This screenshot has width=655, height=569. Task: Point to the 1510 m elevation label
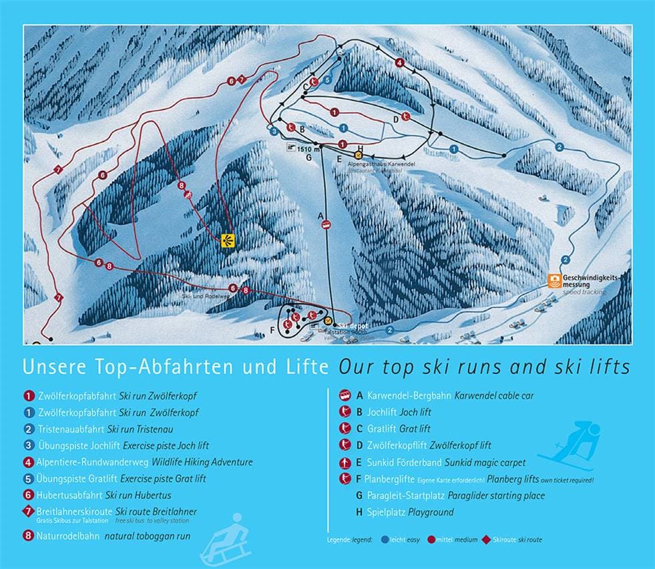tap(305, 149)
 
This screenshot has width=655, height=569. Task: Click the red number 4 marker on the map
tap(399, 63)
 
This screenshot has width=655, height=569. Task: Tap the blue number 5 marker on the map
tap(327, 79)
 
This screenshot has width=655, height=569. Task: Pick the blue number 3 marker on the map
tap(274, 132)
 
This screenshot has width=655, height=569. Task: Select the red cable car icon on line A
tap(325, 226)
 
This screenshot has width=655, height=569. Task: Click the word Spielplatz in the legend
tap(389, 512)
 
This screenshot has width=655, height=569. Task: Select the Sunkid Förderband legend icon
tap(345, 462)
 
